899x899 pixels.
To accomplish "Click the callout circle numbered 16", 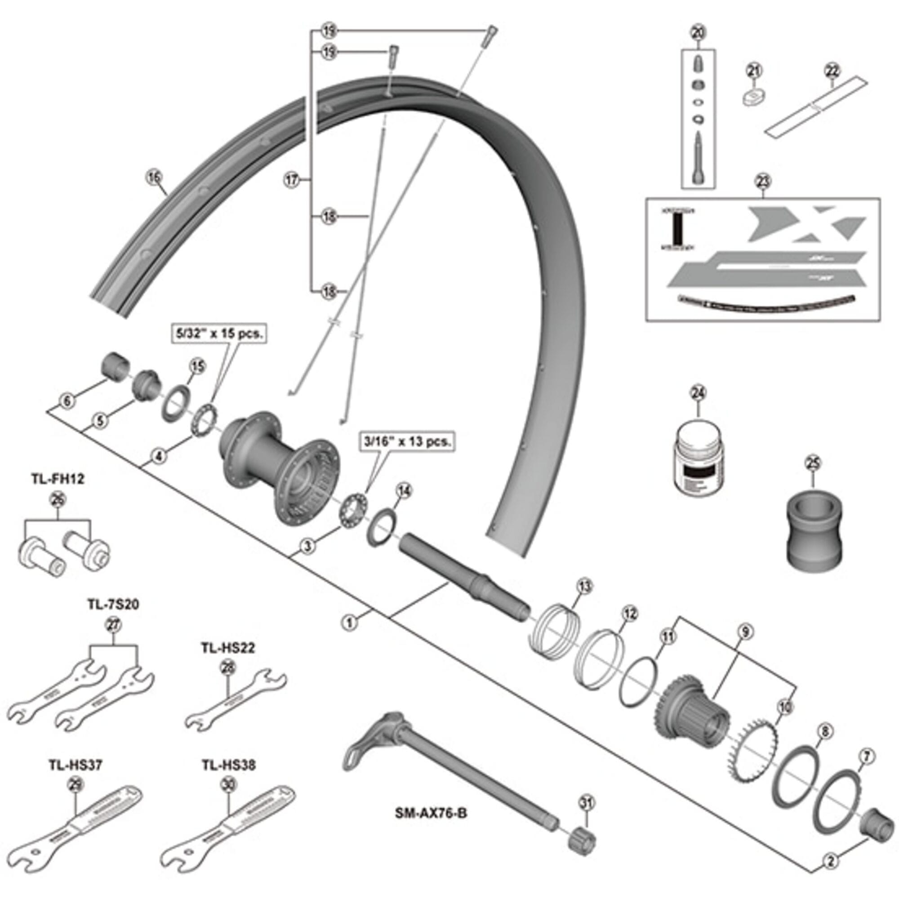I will click(154, 177).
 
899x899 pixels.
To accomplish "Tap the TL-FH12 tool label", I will click(58, 479).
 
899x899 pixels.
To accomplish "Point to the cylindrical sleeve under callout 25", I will click(814, 529).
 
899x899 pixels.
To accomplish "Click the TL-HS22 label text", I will click(228, 648).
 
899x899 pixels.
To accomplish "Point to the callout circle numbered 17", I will click(292, 180).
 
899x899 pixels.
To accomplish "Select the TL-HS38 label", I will click(228, 765).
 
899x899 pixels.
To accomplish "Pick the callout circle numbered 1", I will click(349, 622).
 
